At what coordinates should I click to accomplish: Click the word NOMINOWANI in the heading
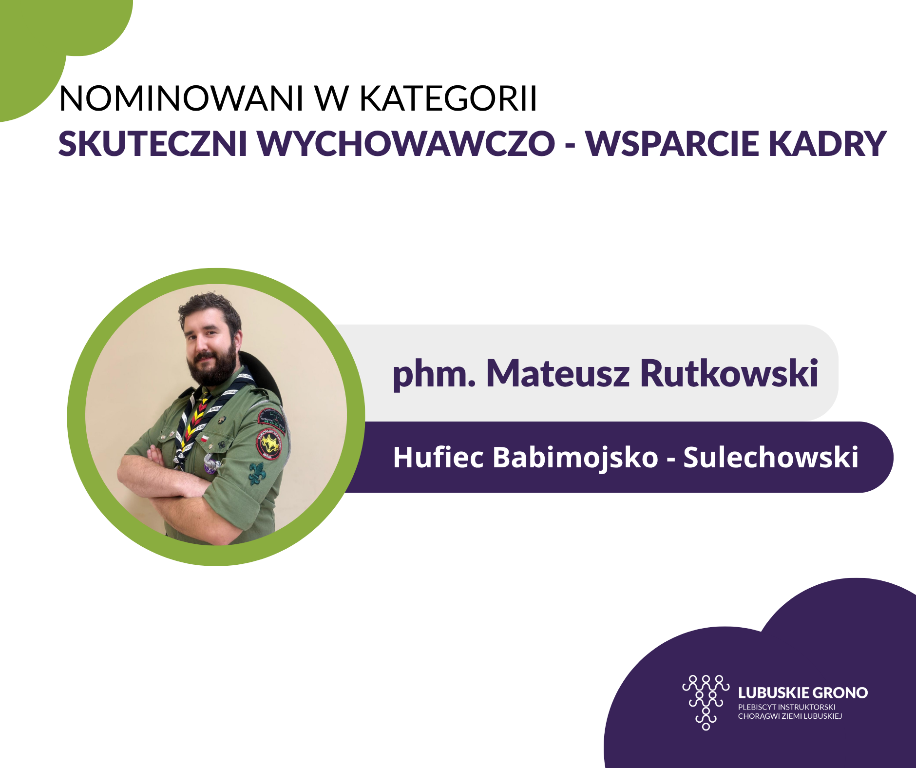[x=181, y=98]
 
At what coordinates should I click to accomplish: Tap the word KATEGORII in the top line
[x=448, y=98]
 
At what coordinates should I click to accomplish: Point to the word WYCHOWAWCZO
[x=406, y=144]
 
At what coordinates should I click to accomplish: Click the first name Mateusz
[x=558, y=373]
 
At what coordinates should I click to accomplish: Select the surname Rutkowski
[x=729, y=373]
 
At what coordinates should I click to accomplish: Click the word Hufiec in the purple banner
[x=439, y=457]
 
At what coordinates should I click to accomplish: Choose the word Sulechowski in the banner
[x=770, y=457]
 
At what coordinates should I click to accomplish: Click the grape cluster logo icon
[x=706, y=702]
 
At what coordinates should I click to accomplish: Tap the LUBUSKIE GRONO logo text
[x=803, y=693]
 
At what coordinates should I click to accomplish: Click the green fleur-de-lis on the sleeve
[x=257, y=473]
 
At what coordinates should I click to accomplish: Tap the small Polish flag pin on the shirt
[x=205, y=439]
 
